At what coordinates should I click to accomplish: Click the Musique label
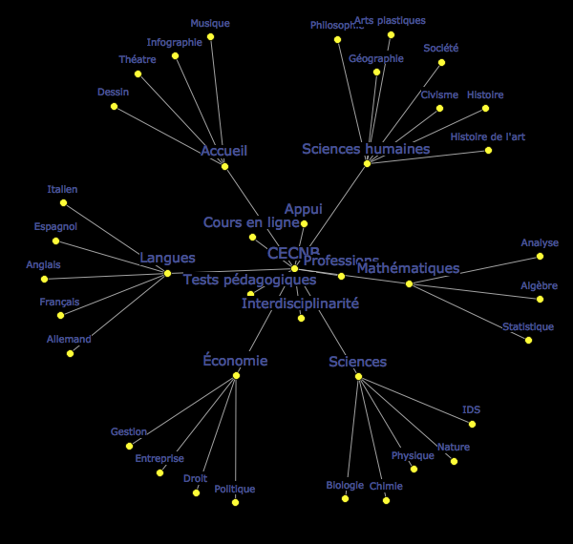pos(210,23)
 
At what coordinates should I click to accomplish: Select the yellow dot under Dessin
pos(114,106)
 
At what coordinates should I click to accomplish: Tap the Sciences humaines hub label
pos(366,149)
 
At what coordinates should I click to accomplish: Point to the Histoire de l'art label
pos(487,136)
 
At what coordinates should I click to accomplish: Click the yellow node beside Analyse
pos(540,256)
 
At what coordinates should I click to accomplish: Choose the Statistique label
pos(528,326)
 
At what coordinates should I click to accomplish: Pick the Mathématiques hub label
pos(408,268)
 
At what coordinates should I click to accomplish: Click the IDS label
pos(471,409)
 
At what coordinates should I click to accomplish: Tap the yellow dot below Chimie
pos(386,500)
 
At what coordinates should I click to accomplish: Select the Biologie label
pos(345,485)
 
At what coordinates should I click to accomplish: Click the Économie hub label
pos(235,361)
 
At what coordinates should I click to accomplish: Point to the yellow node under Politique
pos(235,502)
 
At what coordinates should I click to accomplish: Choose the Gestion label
pos(129,431)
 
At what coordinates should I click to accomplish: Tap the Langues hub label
pos(167,258)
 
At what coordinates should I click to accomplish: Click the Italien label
pos(63,189)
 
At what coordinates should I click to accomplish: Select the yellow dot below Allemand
pos(70,353)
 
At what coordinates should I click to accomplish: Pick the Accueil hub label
pos(224,151)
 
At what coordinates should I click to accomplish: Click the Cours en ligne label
pos(251,222)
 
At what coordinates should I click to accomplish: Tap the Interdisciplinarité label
pos(300,303)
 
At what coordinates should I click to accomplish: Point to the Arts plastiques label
pos(390,20)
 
